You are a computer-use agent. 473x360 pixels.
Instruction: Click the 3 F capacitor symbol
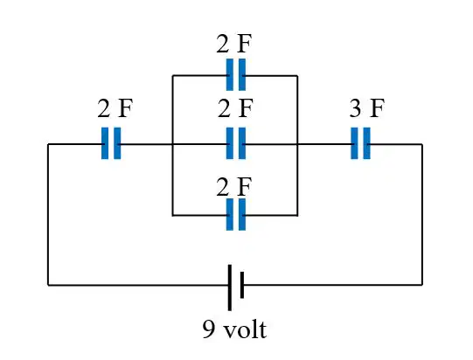point(360,143)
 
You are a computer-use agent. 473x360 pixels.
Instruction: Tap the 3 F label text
point(367,108)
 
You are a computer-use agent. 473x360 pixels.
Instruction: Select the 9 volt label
point(234,329)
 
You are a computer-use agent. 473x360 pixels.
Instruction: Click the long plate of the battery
point(230,287)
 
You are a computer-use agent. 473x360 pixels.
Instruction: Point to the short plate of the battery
point(242,285)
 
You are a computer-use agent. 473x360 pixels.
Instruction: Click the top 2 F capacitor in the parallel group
point(236,74)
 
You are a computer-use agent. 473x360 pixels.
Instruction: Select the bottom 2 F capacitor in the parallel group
point(236,214)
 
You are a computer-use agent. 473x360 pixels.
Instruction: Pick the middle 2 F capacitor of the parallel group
point(236,143)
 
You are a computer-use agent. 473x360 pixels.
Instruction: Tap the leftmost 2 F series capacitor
point(111,143)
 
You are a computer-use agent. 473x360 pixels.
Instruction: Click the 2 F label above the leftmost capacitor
point(115,108)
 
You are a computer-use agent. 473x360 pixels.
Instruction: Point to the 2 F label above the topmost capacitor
point(234,44)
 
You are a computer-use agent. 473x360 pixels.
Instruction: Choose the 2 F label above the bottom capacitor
point(234,187)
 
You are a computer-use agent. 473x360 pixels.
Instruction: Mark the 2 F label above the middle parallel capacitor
point(235,108)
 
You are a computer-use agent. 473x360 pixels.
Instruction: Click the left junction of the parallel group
point(172,144)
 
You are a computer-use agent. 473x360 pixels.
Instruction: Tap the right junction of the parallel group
point(297,144)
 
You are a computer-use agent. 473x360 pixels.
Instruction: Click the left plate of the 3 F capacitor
point(354,143)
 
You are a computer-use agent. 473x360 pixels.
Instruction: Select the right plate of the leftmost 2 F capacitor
point(117,143)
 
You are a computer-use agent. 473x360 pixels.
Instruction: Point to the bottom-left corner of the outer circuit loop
point(48,285)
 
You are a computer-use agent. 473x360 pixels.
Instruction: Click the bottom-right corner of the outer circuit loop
point(422,284)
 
